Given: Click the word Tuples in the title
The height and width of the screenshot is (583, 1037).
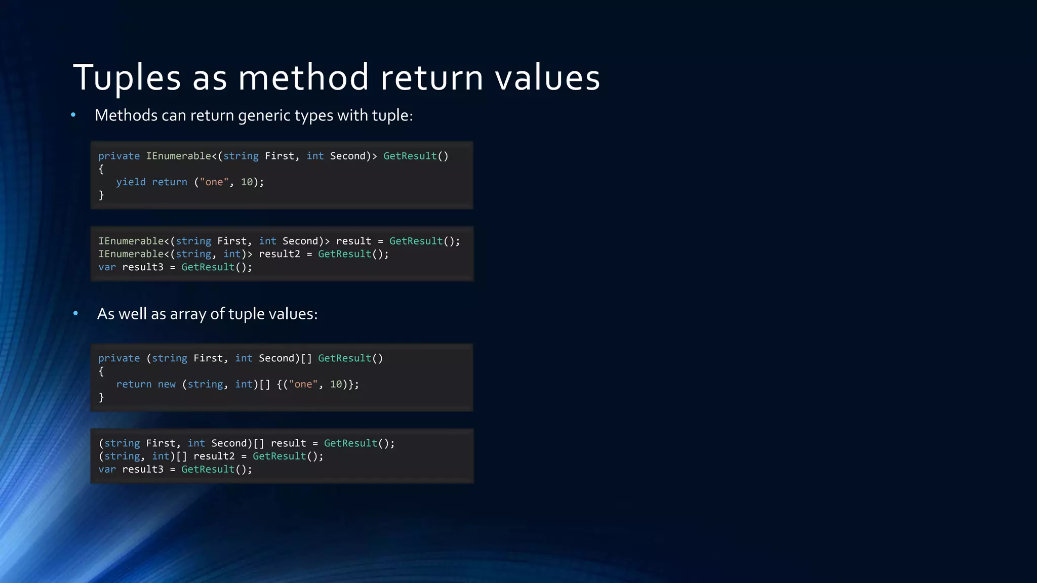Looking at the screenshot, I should pyautogui.click(x=127, y=78).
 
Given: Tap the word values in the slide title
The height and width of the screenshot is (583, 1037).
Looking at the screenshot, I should pyautogui.click(x=547, y=78).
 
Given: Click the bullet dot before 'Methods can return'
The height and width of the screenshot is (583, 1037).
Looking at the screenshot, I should pyautogui.click(x=73, y=115).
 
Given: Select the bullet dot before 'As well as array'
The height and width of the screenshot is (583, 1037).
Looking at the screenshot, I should pyautogui.click(x=75, y=314).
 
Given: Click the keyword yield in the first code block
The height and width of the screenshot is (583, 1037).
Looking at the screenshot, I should pyautogui.click(x=131, y=182).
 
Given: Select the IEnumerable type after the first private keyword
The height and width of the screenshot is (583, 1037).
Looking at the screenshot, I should pyautogui.click(x=179, y=156).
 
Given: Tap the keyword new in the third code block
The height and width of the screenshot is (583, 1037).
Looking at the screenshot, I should pyautogui.click(x=167, y=385).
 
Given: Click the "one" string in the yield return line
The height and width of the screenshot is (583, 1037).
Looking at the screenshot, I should pyautogui.click(x=214, y=182).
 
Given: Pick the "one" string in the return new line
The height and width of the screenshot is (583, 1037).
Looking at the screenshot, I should pyautogui.click(x=303, y=385).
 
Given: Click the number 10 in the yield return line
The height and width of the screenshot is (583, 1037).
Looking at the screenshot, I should pyautogui.click(x=247, y=182).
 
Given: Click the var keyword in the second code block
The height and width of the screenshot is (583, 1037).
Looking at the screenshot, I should pyautogui.click(x=107, y=267).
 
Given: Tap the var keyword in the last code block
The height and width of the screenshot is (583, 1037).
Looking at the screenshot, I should pyautogui.click(x=107, y=470).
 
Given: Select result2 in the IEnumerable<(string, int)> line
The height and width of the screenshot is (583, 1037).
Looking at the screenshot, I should pyautogui.click(x=280, y=254).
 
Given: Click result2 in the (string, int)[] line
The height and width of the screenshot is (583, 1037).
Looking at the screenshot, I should pyautogui.click(x=214, y=456).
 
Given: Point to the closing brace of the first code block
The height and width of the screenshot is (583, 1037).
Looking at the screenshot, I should pyautogui.click(x=101, y=195).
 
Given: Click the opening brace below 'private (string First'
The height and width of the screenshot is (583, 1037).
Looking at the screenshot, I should pyautogui.click(x=101, y=371).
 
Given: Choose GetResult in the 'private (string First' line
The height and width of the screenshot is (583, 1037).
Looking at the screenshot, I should pyautogui.click(x=344, y=358).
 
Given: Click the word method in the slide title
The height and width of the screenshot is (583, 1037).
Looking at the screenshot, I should pyautogui.click(x=303, y=78).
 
